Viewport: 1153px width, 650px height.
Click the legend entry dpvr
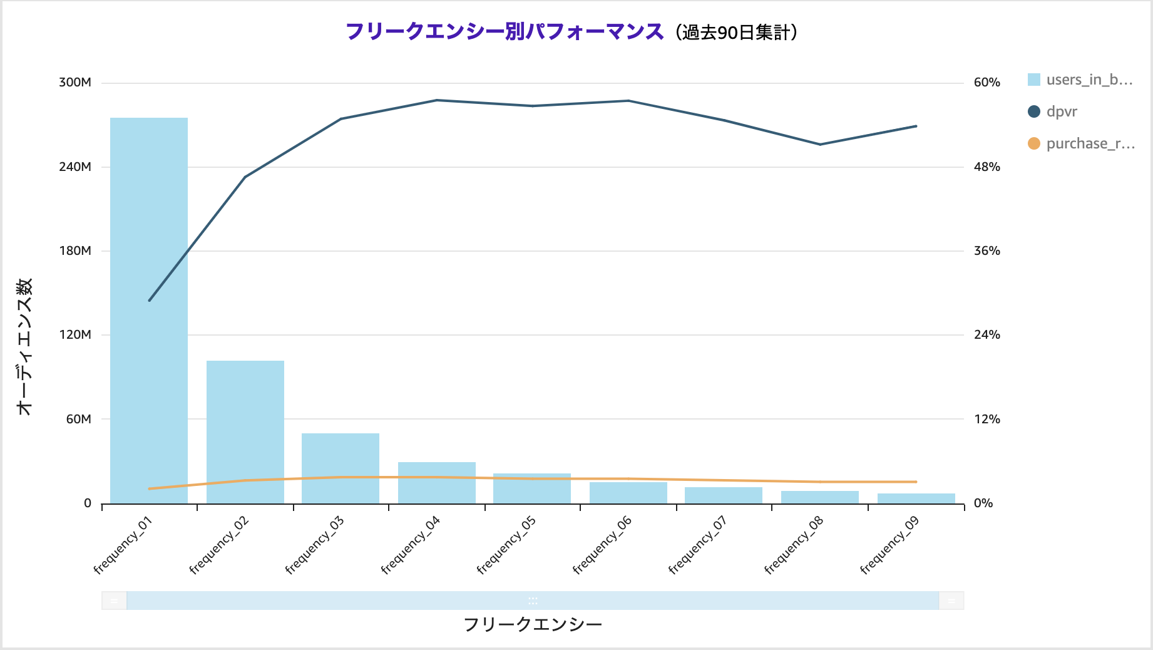point(1062,111)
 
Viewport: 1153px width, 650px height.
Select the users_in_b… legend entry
point(1089,80)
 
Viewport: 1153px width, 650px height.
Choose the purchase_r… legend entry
point(1090,143)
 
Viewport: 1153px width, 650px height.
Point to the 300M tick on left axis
point(75,83)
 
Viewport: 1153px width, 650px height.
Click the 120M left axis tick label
point(75,335)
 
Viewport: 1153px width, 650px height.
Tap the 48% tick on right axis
point(986,167)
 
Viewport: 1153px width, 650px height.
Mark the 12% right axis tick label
point(986,420)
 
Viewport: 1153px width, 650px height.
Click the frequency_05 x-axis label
point(506,545)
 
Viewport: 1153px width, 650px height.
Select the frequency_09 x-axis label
point(889,545)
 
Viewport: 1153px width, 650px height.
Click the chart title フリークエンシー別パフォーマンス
point(505,31)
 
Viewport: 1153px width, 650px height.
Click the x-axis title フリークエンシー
point(533,624)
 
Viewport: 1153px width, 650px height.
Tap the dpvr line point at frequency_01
point(150,301)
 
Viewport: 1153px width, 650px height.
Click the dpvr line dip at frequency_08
point(820,145)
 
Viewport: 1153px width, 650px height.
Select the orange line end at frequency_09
point(916,482)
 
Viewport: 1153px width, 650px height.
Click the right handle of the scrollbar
point(951,601)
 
